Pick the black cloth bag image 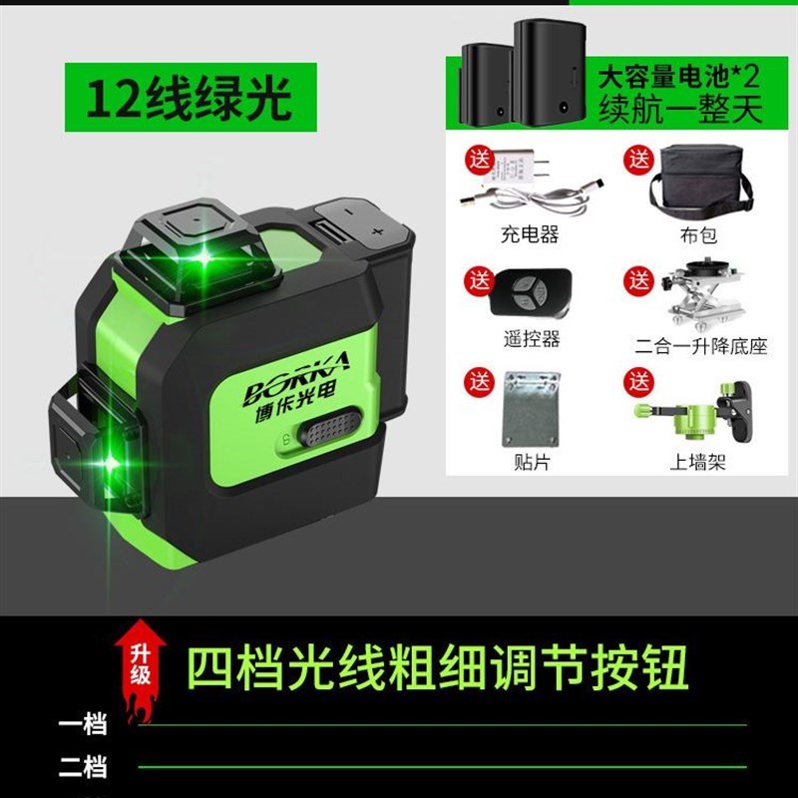pos(703,185)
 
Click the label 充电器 pos(529,236)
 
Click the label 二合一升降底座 pos(702,346)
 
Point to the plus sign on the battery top pos(378,229)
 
